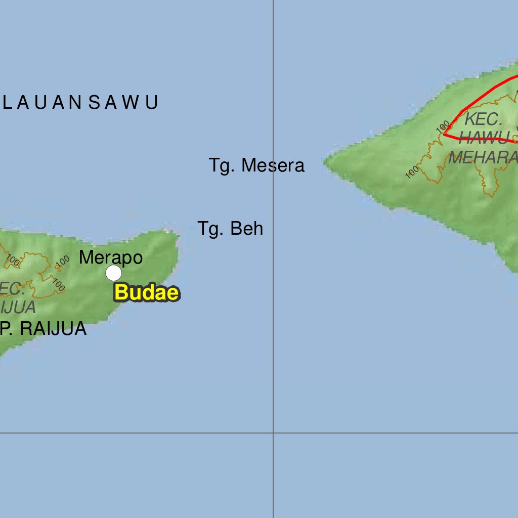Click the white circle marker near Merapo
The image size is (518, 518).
coord(114,273)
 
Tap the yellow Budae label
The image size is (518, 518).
coord(147,293)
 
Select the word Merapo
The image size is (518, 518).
coord(111,257)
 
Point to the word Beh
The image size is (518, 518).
coord(247,229)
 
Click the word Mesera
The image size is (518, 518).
coord(273,165)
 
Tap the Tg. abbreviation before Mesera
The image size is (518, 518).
coord(222,165)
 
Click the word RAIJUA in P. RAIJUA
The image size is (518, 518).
coord(53,329)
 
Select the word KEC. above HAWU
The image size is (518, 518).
coord(484,119)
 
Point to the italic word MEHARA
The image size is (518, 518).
coord(483,158)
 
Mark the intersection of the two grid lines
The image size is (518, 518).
coord(273,433)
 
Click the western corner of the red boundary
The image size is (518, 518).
coord(444,135)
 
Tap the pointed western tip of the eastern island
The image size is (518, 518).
coord(325,162)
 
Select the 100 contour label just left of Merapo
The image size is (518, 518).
coord(63,261)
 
